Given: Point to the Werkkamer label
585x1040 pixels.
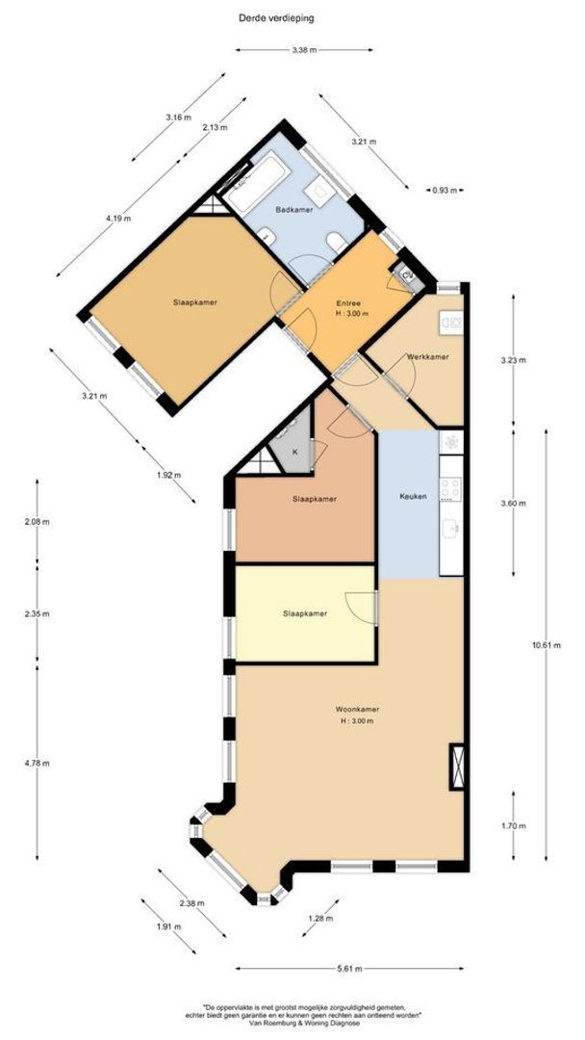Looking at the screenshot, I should pyautogui.click(x=427, y=357).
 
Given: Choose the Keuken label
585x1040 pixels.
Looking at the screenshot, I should pyautogui.click(x=413, y=496).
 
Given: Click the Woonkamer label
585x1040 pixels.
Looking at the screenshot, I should pyautogui.click(x=355, y=710).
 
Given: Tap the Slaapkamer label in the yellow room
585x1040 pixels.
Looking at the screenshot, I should pyautogui.click(x=304, y=612).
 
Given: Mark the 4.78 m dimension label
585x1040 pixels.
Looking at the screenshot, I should pyautogui.click(x=38, y=763).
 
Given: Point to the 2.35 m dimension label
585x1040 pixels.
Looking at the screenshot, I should pyautogui.click(x=38, y=613).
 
